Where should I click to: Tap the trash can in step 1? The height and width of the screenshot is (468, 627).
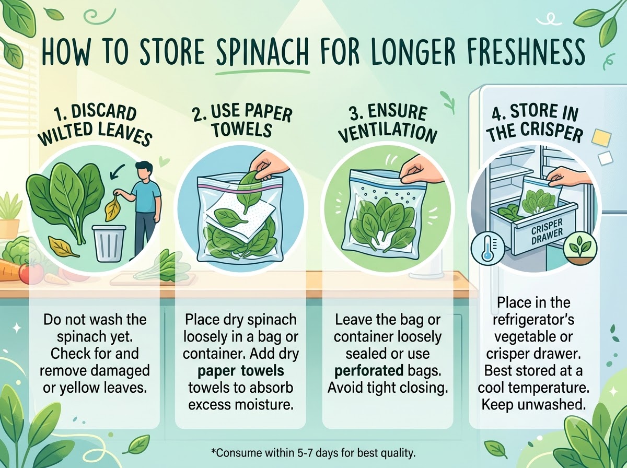point(109,243)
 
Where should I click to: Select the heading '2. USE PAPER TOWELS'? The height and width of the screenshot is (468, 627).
point(242,121)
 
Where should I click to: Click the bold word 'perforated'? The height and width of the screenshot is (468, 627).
point(369,371)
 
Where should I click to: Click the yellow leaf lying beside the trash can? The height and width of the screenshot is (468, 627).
point(63,249)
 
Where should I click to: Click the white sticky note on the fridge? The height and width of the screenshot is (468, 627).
point(606,158)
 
